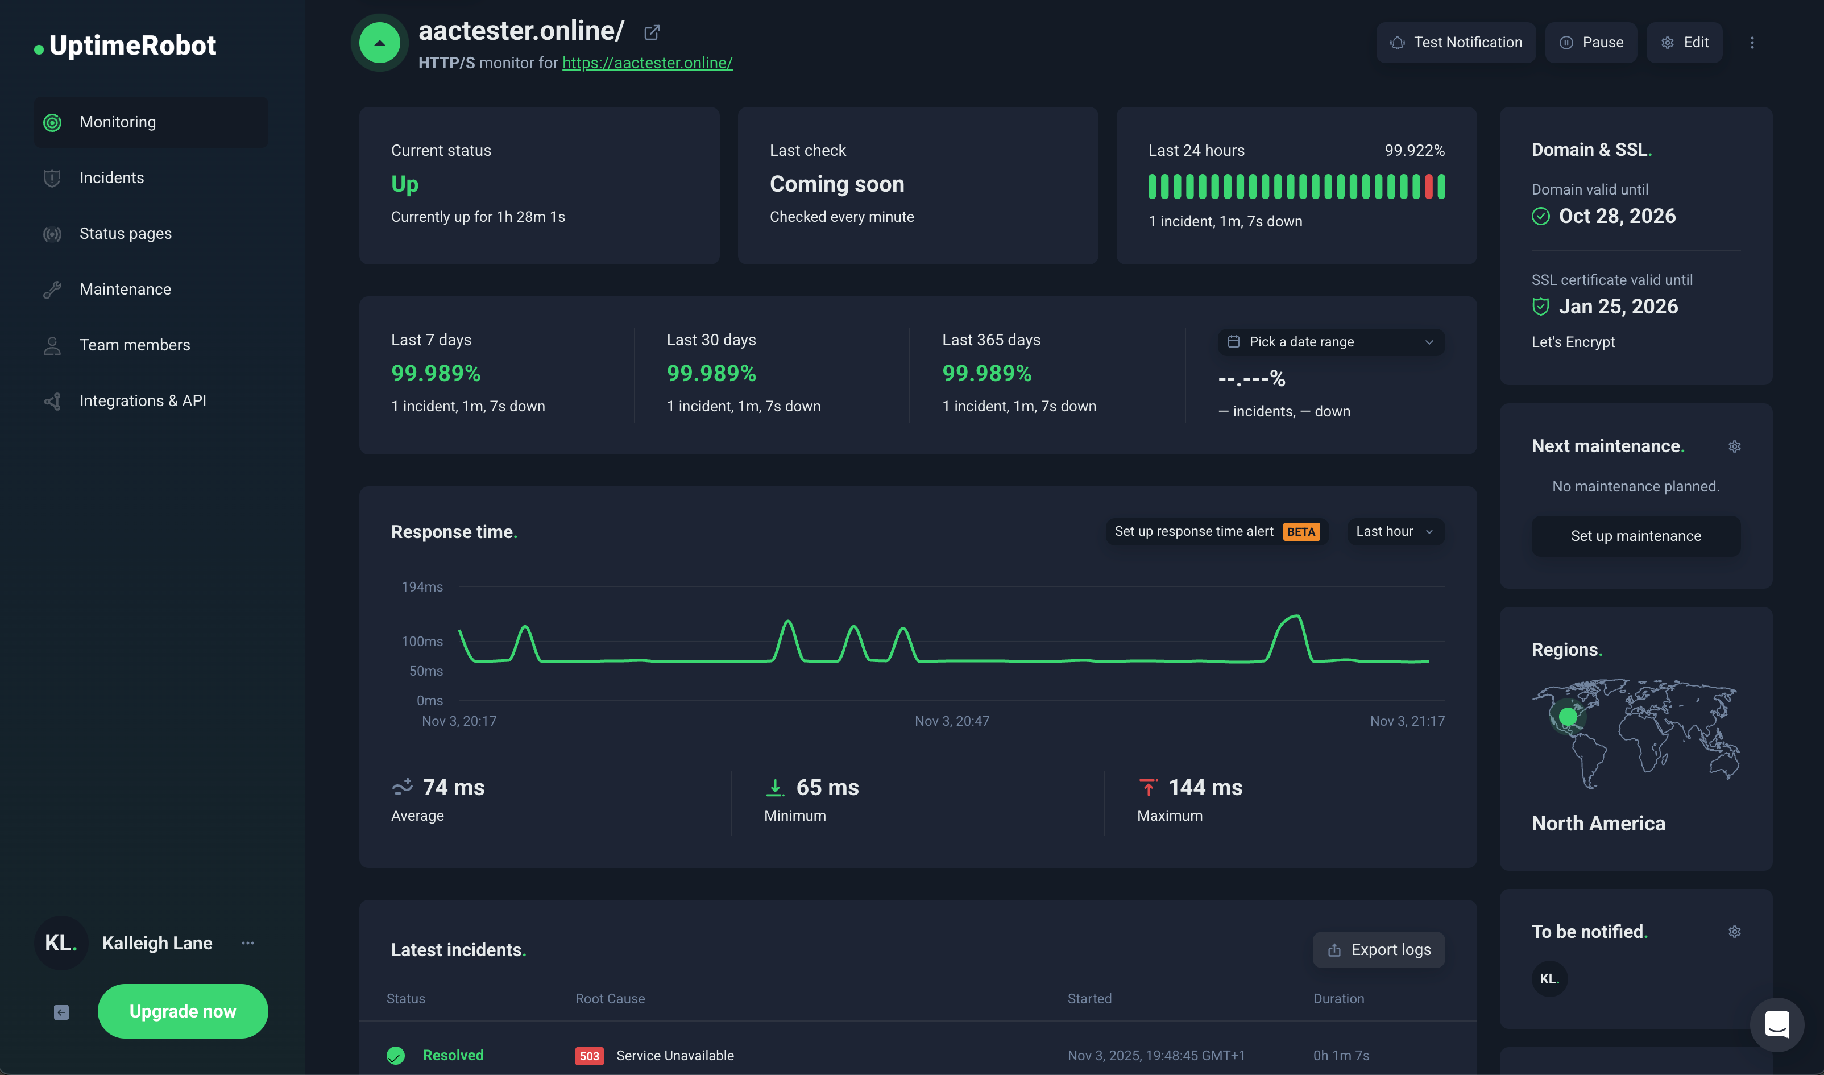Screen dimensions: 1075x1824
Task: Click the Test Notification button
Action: (1456, 43)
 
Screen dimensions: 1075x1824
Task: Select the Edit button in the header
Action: (1684, 43)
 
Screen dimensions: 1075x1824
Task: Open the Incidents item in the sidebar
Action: (111, 177)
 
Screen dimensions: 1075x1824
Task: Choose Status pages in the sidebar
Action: (125, 233)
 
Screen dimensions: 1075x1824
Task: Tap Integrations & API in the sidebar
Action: (143, 400)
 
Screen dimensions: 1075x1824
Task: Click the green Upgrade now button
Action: (183, 1011)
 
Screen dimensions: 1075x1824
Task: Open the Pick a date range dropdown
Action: (1330, 342)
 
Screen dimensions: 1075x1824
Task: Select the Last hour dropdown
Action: (1395, 532)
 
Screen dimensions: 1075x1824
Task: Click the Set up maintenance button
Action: (1635, 536)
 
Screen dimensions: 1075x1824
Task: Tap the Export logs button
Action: (1378, 950)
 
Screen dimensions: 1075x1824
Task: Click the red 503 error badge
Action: (588, 1056)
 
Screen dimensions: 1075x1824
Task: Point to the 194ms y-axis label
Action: (422, 587)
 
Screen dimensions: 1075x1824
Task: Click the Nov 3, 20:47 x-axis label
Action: (951, 721)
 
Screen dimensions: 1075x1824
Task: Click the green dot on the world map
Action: (1568, 717)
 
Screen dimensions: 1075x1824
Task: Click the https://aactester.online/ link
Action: (648, 63)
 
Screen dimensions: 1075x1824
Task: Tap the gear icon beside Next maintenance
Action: (1734, 446)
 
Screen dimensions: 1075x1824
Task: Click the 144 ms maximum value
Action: (1205, 787)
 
